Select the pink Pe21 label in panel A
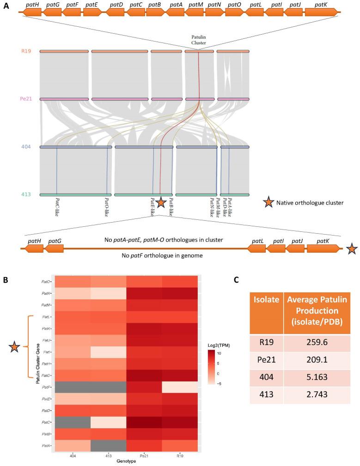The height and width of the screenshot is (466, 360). coord(26,99)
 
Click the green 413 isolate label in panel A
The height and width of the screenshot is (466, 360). coord(26,194)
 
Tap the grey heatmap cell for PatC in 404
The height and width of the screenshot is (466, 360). coord(72,407)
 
